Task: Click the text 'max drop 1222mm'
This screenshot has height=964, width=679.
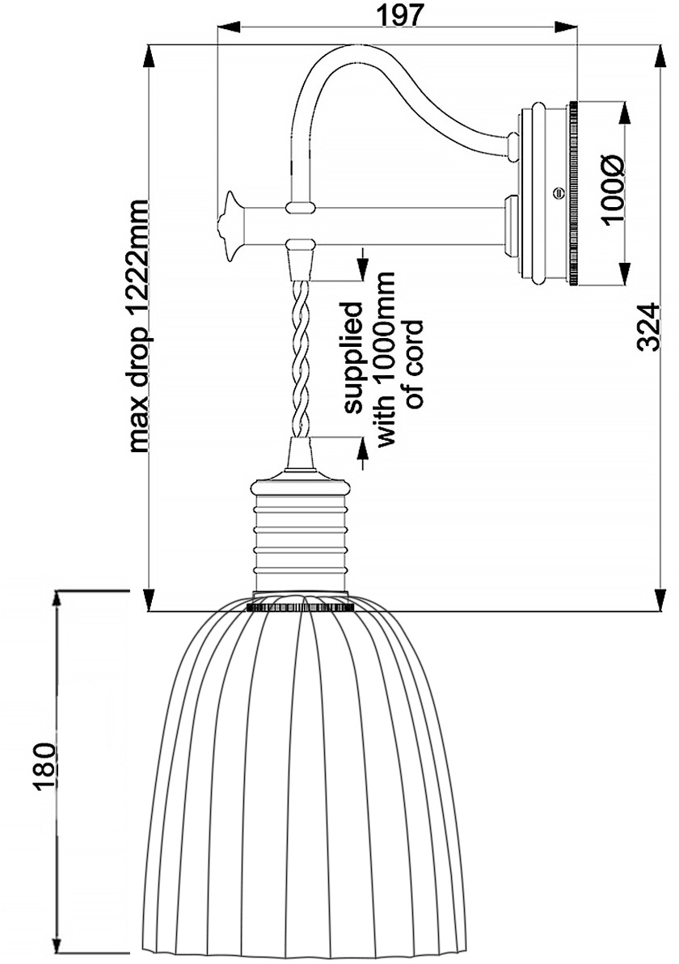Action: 139,326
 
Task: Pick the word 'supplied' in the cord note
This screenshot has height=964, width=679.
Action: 354,357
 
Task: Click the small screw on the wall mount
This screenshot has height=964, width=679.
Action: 558,192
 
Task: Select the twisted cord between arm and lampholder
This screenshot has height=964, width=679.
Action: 301,357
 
